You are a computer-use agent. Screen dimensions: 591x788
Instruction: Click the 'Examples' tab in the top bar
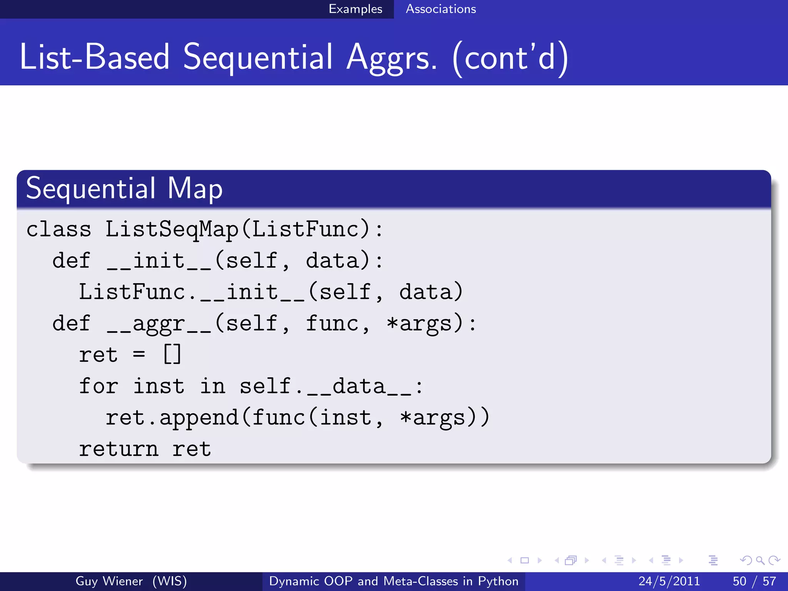point(355,9)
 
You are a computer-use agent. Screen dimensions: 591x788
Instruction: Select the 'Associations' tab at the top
point(441,9)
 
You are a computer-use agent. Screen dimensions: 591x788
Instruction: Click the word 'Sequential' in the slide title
point(257,57)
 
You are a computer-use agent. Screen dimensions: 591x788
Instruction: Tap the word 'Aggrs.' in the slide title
point(391,57)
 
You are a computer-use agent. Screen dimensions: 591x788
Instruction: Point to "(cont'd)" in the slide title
point(510,58)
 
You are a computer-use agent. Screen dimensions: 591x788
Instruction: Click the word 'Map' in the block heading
point(195,189)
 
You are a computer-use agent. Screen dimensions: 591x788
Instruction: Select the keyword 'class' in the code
point(58,229)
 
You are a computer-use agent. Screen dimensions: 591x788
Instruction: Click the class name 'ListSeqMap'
point(172,229)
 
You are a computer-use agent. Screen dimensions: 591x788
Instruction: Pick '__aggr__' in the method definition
point(159,324)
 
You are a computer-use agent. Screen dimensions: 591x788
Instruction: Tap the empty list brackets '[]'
point(172,354)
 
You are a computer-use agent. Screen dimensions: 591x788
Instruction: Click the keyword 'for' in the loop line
point(98,386)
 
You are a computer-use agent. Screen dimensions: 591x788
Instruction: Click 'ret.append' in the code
point(172,418)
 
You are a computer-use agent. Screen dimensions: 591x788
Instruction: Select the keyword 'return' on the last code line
point(119,449)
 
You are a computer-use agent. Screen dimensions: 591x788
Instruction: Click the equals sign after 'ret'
point(139,354)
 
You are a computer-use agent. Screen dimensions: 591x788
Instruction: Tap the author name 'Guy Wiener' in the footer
point(109,581)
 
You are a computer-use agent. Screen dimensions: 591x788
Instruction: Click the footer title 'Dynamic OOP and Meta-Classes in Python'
point(394,581)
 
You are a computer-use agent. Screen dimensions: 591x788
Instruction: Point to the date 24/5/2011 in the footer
point(669,581)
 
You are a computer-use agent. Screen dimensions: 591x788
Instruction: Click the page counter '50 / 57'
point(754,581)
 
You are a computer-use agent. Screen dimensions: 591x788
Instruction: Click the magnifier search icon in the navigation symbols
point(760,560)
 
